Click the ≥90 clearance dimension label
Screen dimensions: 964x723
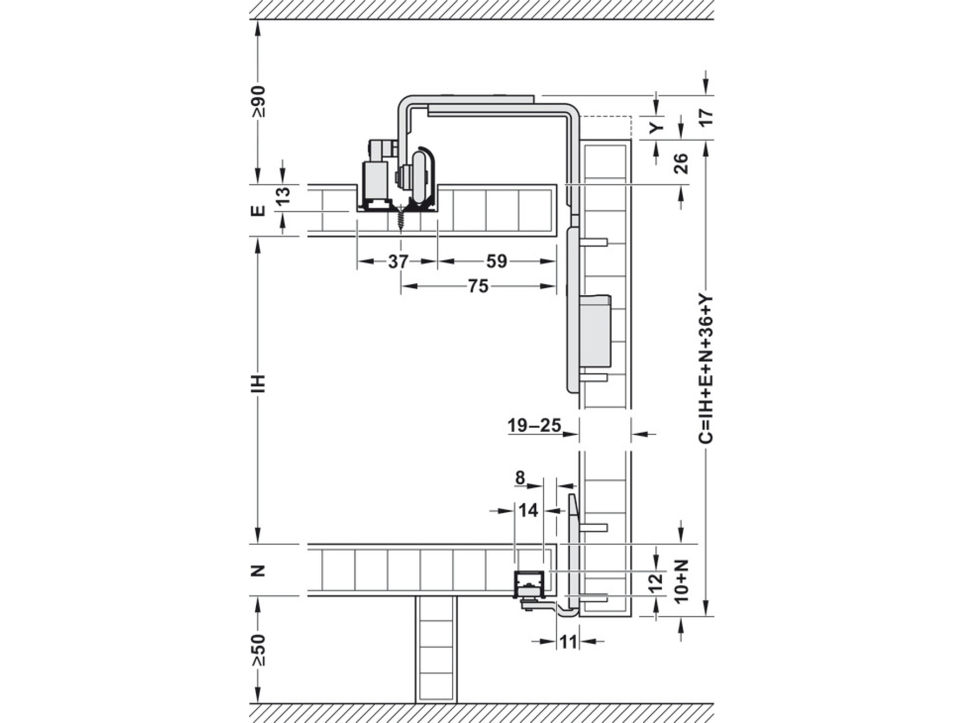point(259,101)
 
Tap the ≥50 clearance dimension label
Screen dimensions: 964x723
point(259,650)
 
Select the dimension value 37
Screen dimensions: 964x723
point(398,261)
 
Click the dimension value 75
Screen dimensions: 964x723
point(478,286)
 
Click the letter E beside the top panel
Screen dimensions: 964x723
point(259,210)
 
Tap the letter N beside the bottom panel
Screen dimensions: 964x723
point(259,570)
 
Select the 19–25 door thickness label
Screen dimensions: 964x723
point(534,426)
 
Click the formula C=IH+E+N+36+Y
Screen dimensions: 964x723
point(706,368)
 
